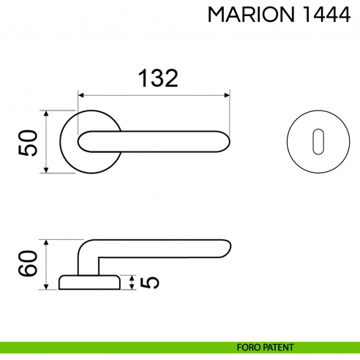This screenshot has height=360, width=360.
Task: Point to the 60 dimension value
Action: click(x=28, y=264)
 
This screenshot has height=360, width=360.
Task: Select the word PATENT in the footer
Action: click(x=280, y=348)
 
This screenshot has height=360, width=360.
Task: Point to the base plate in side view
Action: click(x=88, y=282)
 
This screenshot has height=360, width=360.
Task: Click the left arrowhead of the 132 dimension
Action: click(x=82, y=95)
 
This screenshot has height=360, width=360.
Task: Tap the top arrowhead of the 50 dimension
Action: click(x=47, y=114)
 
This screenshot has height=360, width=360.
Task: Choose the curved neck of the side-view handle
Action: click(x=84, y=249)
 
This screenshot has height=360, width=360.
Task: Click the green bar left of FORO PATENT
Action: click(x=110, y=348)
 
